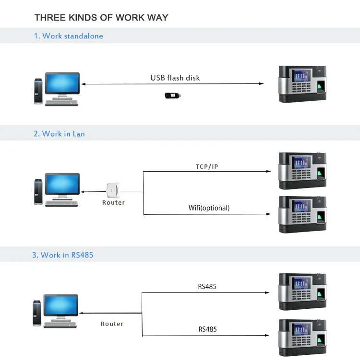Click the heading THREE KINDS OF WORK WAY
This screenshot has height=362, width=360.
tap(101, 18)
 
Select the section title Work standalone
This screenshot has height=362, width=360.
tap(68, 36)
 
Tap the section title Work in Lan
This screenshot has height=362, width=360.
tap(59, 134)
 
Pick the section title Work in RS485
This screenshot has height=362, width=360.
tap(63, 255)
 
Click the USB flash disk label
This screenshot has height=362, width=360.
tap(175, 78)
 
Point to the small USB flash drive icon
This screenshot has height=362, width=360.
tap(174, 95)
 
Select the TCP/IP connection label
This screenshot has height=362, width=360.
tap(206, 166)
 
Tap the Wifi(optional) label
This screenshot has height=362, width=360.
tap(209, 208)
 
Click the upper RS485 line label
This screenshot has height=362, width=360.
tap(207, 287)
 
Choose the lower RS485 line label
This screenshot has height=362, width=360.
tap(207, 329)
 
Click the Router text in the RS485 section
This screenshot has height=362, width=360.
tap(112, 324)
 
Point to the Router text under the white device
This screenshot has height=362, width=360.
tap(113, 203)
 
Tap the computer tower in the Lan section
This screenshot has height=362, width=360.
tap(38, 191)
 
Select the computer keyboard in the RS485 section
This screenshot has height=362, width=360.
tap(60, 324)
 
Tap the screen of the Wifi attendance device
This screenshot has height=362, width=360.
tap(301, 207)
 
